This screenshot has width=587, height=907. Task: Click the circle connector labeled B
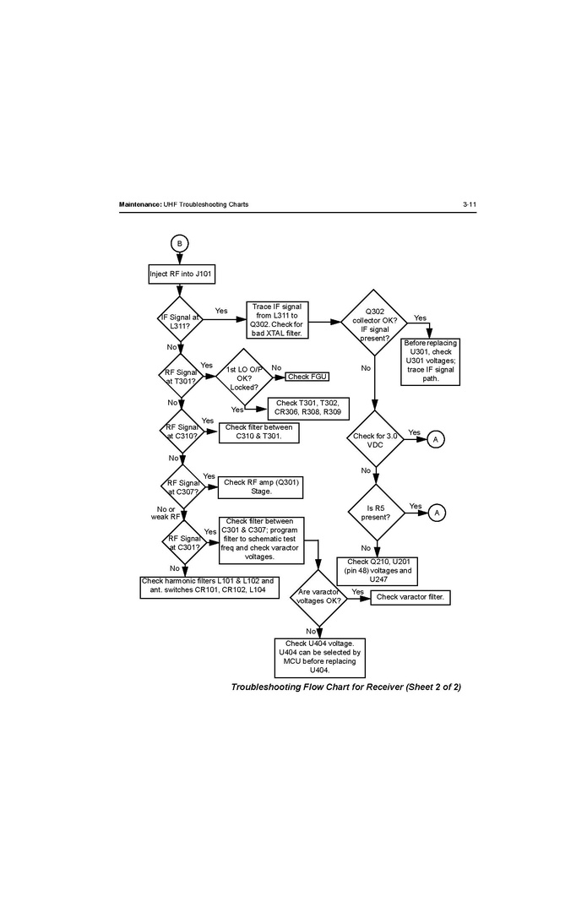point(179,243)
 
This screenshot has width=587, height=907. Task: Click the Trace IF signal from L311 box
point(276,320)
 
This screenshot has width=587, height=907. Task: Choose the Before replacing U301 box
point(430,361)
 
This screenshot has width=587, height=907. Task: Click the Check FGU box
point(307,376)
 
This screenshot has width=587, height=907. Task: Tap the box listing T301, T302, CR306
point(308,408)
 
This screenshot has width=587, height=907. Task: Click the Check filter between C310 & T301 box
point(259,432)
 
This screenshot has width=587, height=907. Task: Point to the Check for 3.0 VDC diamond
point(374,440)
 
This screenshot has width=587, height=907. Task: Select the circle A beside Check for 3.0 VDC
point(436,440)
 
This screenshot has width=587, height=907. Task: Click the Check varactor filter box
point(410,597)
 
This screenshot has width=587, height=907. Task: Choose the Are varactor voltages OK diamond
point(318,597)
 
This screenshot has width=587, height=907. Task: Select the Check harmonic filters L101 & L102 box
point(207,585)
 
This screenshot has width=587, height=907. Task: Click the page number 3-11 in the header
point(470,205)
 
